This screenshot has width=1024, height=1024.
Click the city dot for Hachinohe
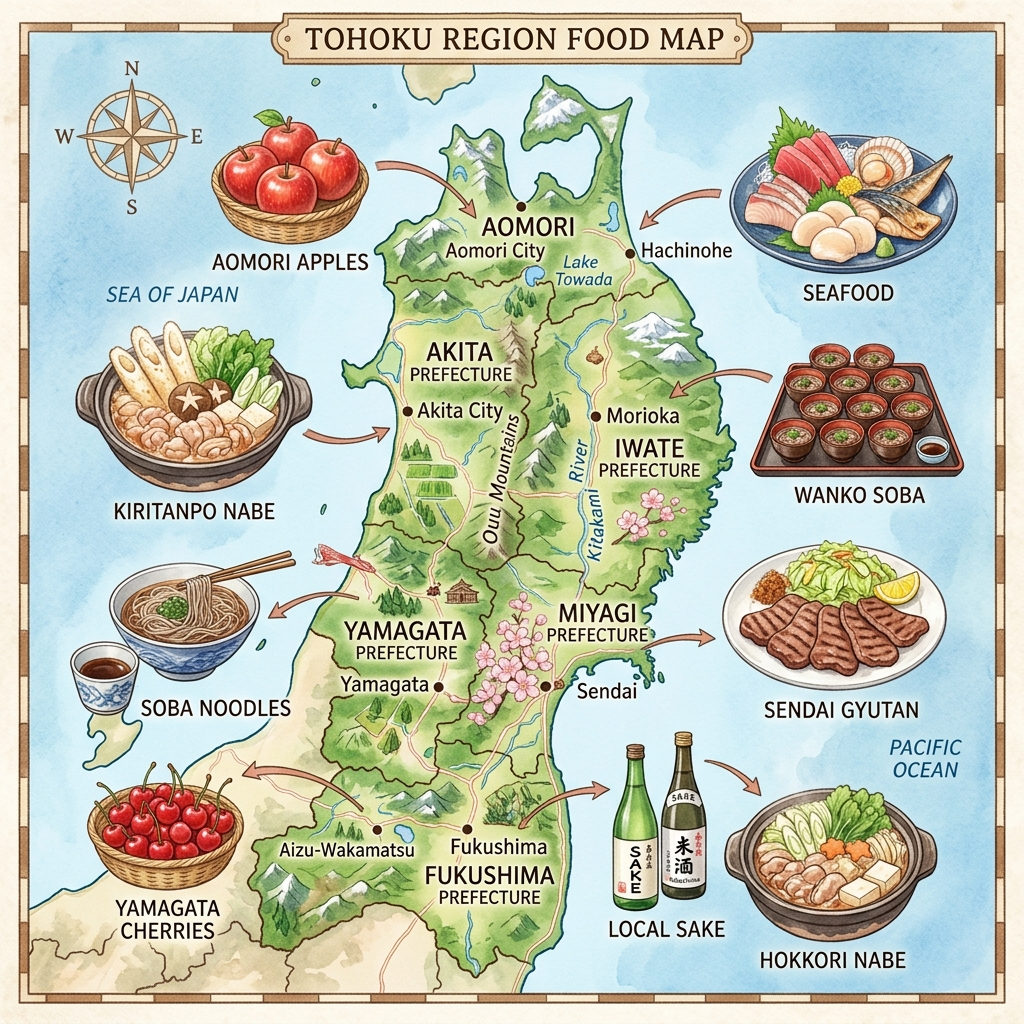[630, 254]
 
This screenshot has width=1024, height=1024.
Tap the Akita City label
[459, 410]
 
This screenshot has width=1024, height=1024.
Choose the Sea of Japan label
[172, 294]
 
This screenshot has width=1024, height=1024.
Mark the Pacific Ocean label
[923, 758]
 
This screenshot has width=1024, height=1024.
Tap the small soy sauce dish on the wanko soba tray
[933, 449]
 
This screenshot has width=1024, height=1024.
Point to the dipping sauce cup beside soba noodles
[104, 672]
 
